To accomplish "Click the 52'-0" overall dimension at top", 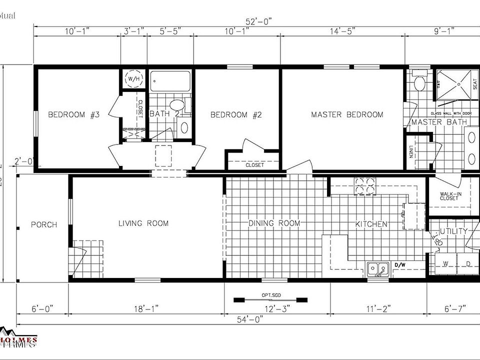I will click(x=258, y=21).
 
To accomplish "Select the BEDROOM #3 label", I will click(x=74, y=115).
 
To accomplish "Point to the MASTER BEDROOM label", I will click(x=347, y=115).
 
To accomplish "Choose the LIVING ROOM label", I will click(x=143, y=223).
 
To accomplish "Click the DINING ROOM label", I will click(x=274, y=223).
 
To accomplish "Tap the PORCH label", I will click(x=44, y=224).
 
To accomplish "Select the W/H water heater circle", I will click(x=134, y=78).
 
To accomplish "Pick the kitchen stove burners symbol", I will click(x=365, y=184).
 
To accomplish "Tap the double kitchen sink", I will click(x=378, y=269).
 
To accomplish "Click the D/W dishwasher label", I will click(x=400, y=264).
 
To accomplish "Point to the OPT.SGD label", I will click(x=269, y=295).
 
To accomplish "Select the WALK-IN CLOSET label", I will click(x=449, y=196).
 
